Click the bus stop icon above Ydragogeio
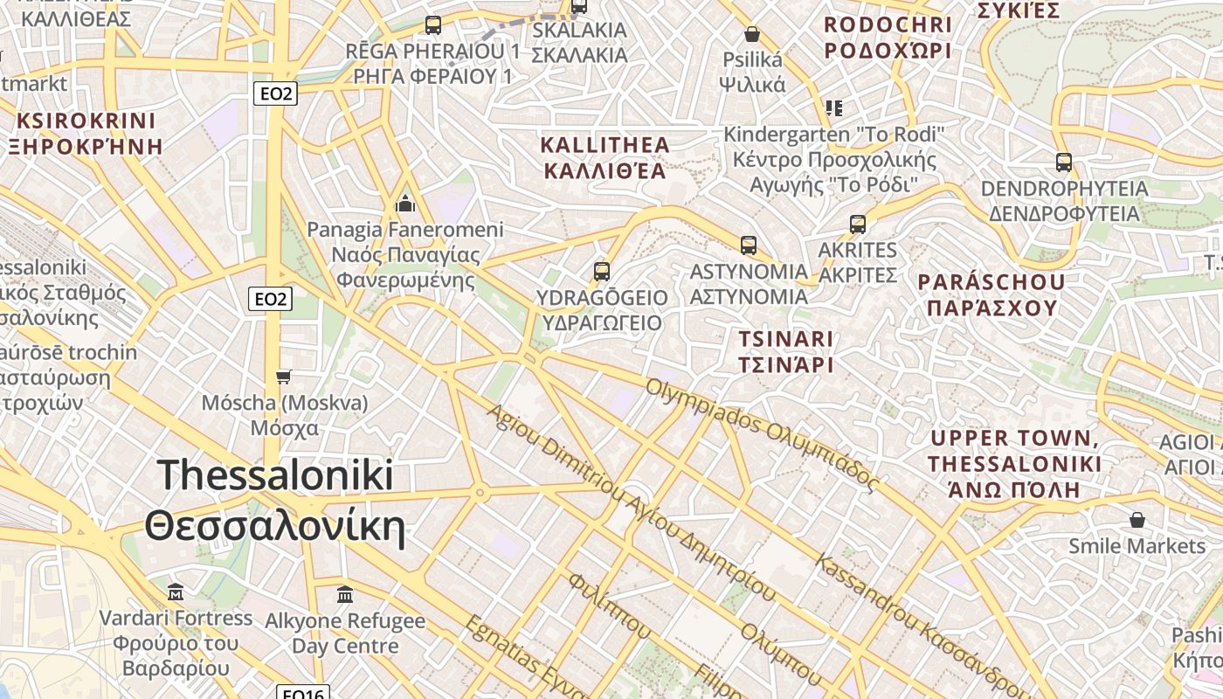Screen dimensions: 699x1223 pyautogui.click(x=601, y=272)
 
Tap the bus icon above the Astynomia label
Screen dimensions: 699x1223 pyautogui.click(x=748, y=246)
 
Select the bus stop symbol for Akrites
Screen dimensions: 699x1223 pyautogui.click(x=858, y=225)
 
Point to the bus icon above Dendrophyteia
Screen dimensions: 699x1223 pyautogui.click(x=1063, y=163)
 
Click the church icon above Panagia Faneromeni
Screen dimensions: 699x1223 pyautogui.click(x=405, y=204)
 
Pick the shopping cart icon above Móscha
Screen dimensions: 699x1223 pyautogui.click(x=283, y=377)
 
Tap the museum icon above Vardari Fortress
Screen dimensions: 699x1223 pyautogui.click(x=176, y=592)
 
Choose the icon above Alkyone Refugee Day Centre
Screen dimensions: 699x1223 pyautogui.click(x=345, y=595)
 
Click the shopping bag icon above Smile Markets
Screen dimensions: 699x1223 pyautogui.click(x=1137, y=521)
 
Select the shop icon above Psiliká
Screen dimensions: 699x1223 pyautogui.click(x=751, y=34)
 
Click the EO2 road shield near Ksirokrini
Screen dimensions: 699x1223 pyautogui.click(x=275, y=93)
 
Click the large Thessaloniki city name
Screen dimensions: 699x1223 pyautogui.click(x=275, y=502)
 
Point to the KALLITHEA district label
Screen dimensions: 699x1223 pyautogui.click(x=605, y=157)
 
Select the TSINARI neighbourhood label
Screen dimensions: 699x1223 pyautogui.click(x=786, y=351)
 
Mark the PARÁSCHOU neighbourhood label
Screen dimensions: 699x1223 pyautogui.click(x=992, y=294)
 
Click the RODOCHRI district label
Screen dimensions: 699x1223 pyautogui.click(x=888, y=38)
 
